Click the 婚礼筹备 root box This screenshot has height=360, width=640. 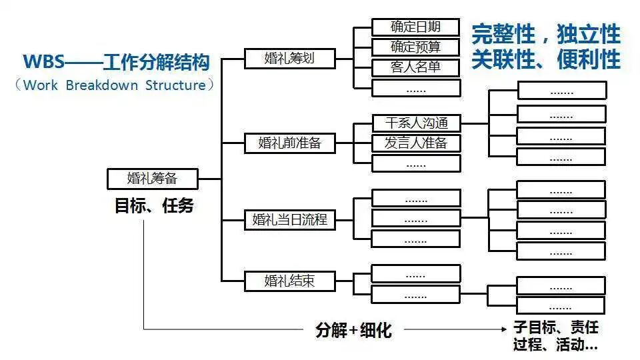click(x=153, y=179)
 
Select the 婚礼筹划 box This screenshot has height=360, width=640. click(x=289, y=58)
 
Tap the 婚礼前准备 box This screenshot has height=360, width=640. click(x=289, y=143)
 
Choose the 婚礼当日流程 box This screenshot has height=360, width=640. click(x=289, y=219)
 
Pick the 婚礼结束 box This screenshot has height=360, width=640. click(x=289, y=281)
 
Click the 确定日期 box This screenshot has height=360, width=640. click(x=416, y=27)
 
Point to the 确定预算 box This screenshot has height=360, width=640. click(x=416, y=47)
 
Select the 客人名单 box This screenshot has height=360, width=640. click(x=416, y=67)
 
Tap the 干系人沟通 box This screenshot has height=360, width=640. click(x=416, y=123)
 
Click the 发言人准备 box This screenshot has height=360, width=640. click(x=416, y=143)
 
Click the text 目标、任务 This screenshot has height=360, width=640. click(x=154, y=206)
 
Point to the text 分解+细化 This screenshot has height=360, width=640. click(x=353, y=329)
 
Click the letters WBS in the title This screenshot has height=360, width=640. click(x=43, y=63)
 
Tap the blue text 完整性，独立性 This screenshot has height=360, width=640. click(x=545, y=34)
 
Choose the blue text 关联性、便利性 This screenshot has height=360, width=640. click(x=545, y=59)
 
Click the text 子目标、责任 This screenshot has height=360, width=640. click(x=556, y=328)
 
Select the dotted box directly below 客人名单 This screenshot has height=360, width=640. click(x=416, y=87)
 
